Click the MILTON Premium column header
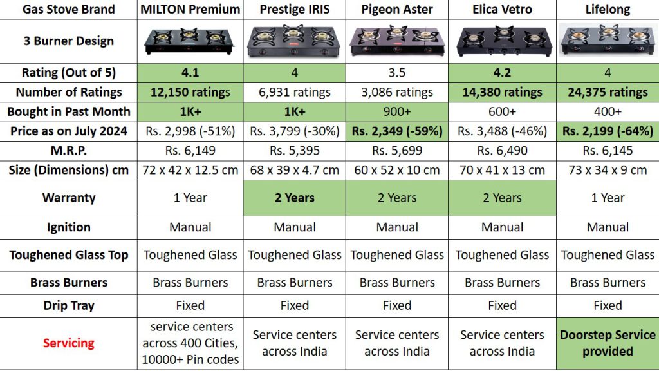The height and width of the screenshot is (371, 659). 190,9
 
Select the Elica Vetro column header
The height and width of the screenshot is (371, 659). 502,9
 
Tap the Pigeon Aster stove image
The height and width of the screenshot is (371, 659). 396,41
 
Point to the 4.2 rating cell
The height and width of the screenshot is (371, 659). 502,73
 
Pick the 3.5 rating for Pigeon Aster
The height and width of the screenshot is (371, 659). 396,73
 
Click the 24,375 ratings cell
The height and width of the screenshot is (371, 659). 608,92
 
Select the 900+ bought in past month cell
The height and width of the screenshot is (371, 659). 396,111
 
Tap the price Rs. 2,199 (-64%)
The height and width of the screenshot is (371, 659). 608,131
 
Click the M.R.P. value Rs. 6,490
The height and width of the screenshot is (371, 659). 502,151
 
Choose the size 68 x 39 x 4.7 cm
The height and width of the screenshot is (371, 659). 295,170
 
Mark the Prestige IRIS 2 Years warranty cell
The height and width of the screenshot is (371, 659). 295,198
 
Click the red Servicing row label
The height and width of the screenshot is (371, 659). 68,343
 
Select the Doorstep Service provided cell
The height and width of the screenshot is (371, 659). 608,343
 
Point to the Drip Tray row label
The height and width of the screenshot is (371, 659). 68,306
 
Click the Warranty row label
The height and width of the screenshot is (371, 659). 68,198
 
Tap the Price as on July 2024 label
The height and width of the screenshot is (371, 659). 68,131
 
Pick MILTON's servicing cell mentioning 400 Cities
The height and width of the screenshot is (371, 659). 190,343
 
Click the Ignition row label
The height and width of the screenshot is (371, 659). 68,227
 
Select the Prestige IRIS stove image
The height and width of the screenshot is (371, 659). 294,41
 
